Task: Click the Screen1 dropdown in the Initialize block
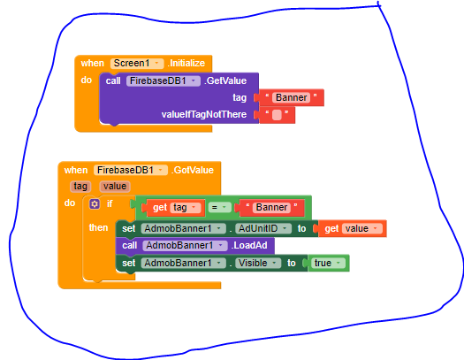pos(137,63)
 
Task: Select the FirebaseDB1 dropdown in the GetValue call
pos(164,80)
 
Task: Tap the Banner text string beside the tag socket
pos(291,97)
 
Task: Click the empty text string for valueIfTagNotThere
pos(277,115)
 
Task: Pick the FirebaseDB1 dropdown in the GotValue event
pos(131,170)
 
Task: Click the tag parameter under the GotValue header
pos(80,187)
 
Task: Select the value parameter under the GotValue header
pos(115,187)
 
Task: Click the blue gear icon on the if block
pos(95,203)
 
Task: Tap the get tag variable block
pos(173,208)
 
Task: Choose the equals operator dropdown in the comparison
pos(219,208)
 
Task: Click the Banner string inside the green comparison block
pos(271,208)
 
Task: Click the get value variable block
pos(352,228)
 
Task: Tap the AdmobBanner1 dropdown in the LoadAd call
pos(185,245)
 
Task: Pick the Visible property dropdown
pos(258,263)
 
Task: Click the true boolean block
pos(328,263)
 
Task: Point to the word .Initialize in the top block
pos(186,63)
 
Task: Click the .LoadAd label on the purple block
pos(249,245)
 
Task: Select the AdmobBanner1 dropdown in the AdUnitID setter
pos(183,228)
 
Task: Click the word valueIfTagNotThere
pos(204,115)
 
